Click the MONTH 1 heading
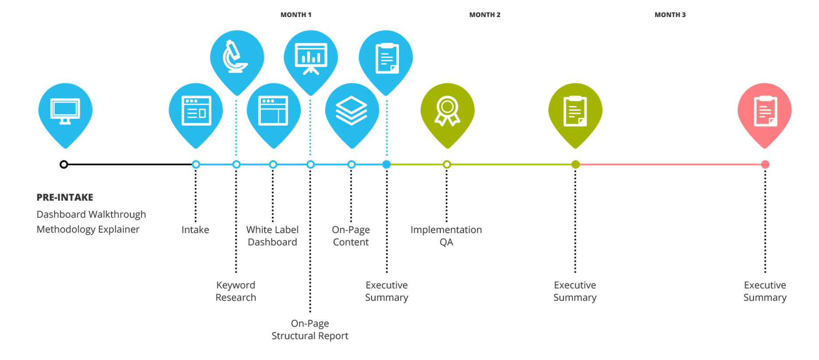tap(296, 15)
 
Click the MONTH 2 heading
tap(485, 15)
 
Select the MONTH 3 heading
tap(670, 15)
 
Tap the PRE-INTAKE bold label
tap(65, 198)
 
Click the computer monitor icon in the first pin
tap(65, 111)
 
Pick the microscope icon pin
tap(236, 57)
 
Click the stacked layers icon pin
tap(352, 111)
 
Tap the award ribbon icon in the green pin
tap(447, 111)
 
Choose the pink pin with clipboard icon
tap(765, 111)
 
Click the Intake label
tap(195, 230)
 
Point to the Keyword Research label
tap(236, 291)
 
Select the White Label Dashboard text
tap(272, 236)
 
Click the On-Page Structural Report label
tap(310, 330)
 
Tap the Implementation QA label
tap(446, 236)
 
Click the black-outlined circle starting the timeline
tap(64, 165)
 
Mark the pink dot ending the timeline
tap(765, 165)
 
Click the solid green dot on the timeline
tap(575, 165)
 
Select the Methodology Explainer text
tap(88, 229)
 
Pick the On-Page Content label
tap(351, 236)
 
